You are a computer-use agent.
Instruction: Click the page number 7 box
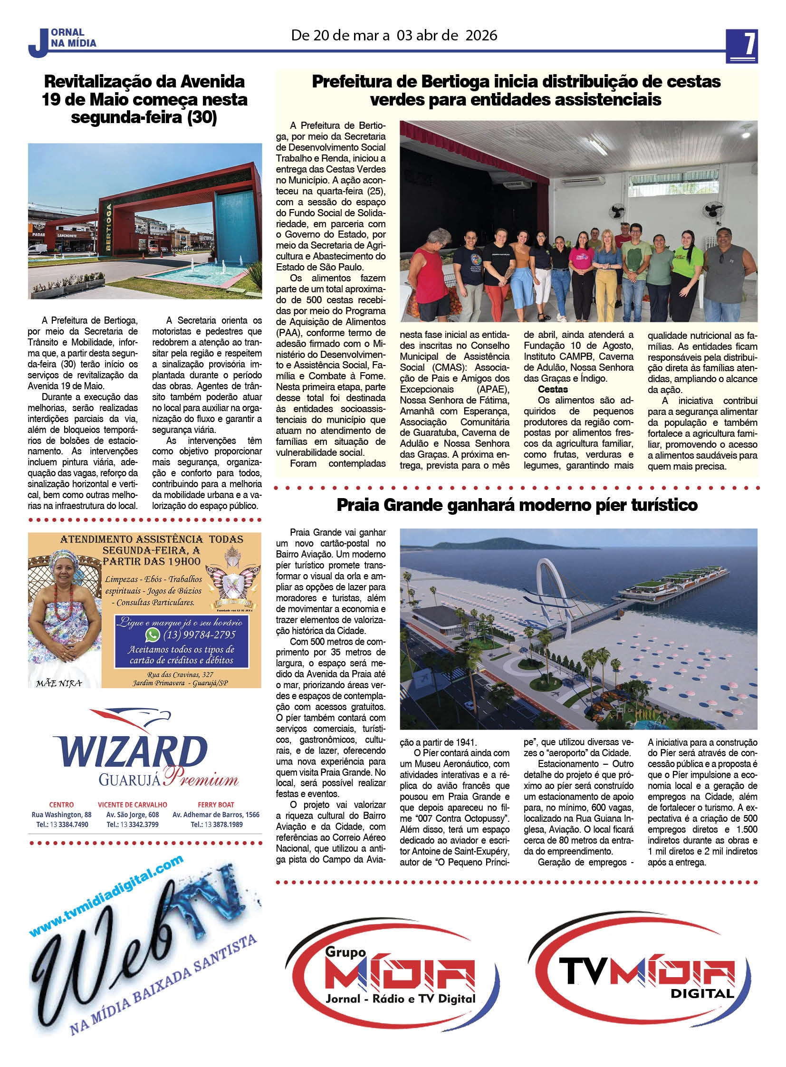741,46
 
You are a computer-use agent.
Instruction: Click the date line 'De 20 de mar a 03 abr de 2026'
394,36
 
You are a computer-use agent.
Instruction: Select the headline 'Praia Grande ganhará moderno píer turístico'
517,505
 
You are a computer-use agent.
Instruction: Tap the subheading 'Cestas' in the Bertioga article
553,389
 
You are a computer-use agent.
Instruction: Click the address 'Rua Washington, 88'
61,814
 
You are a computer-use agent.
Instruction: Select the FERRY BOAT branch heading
216,804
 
